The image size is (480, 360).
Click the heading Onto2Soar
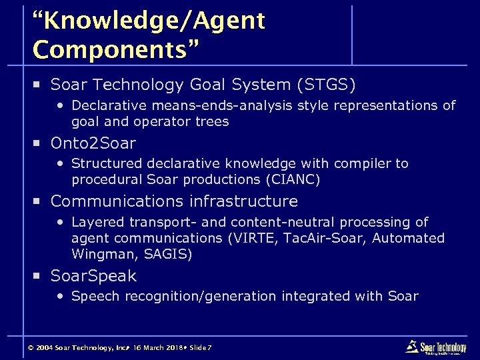point(93,143)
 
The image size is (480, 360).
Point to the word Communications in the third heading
point(118,201)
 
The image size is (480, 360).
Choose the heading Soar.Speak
point(93,275)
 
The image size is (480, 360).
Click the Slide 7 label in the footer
point(201,348)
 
